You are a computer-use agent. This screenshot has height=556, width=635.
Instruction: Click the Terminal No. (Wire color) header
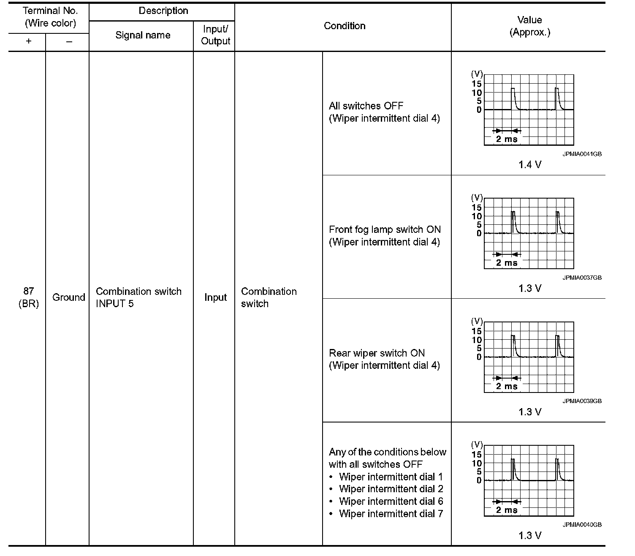(x=50, y=17)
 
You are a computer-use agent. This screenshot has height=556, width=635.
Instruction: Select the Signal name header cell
(x=143, y=35)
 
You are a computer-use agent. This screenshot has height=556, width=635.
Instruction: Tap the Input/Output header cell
(x=215, y=35)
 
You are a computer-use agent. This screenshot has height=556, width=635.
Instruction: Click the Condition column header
(x=345, y=26)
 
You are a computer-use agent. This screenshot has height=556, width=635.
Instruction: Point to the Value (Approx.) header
(x=529, y=26)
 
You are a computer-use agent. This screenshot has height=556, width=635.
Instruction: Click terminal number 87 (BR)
(x=29, y=297)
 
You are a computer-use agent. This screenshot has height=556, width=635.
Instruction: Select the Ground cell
(x=68, y=297)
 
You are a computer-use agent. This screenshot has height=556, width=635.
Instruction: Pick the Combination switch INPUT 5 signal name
(x=138, y=297)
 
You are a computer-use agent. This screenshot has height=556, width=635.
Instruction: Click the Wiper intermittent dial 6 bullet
(x=391, y=501)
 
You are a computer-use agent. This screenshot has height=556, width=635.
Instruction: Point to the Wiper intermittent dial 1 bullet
(x=391, y=477)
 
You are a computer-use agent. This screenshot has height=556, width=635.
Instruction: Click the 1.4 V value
(x=530, y=165)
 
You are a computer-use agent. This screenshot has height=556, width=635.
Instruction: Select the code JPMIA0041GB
(x=582, y=154)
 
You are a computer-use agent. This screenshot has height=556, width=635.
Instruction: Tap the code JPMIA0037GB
(x=582, y=278)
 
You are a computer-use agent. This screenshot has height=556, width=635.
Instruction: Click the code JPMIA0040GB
(x=582, y=525)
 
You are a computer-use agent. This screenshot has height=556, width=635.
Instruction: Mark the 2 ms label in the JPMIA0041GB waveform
(x=507, y=139)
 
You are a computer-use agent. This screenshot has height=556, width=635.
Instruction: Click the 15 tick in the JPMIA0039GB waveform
(x=477, y=331)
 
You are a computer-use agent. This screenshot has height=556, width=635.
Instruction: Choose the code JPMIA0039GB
(x=582, y=401)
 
